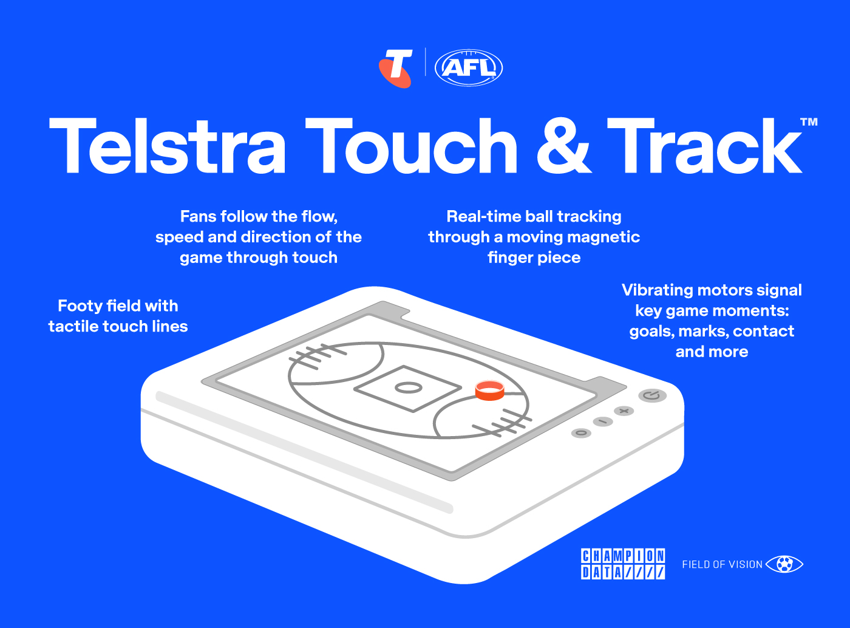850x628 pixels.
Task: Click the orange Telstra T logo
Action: pos(395,68)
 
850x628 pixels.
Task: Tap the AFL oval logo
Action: pos(469,67)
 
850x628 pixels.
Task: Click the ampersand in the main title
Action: pos(563,146)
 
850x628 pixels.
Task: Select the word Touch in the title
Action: pos(411,146)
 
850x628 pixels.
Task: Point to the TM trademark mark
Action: pos(809,122)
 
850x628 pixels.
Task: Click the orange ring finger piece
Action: pos(489,391)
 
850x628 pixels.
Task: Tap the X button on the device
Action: pos(624,411)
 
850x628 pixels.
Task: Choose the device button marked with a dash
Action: pos(603,422)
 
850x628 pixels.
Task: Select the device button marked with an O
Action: pos(582,433)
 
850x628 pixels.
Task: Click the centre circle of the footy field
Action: pos(409,387)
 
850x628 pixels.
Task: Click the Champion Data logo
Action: pos(623,564)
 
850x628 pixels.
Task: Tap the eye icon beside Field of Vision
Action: pos(784,564)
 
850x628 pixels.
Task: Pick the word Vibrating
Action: pos(656,290)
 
